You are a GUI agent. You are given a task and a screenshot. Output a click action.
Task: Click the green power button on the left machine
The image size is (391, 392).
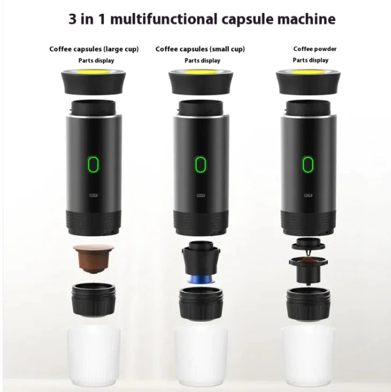coord(94,164)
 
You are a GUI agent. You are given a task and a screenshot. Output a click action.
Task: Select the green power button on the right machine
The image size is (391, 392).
coord(307,164)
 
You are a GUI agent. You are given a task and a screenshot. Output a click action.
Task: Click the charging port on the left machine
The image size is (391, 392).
coord(94,195)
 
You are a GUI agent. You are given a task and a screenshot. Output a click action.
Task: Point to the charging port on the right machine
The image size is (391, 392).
coord(307,195)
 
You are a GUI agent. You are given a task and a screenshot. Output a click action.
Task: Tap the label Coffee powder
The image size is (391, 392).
coord(315,49)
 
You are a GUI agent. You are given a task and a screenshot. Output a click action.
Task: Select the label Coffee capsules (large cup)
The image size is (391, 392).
coord(94,49)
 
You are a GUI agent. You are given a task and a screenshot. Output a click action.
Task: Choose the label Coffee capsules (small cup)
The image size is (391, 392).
coord(200,49)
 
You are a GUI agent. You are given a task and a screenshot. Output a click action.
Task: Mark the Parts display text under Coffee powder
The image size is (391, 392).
coord(311,60)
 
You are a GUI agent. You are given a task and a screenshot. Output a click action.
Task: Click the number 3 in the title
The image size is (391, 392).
coord(73,20)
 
